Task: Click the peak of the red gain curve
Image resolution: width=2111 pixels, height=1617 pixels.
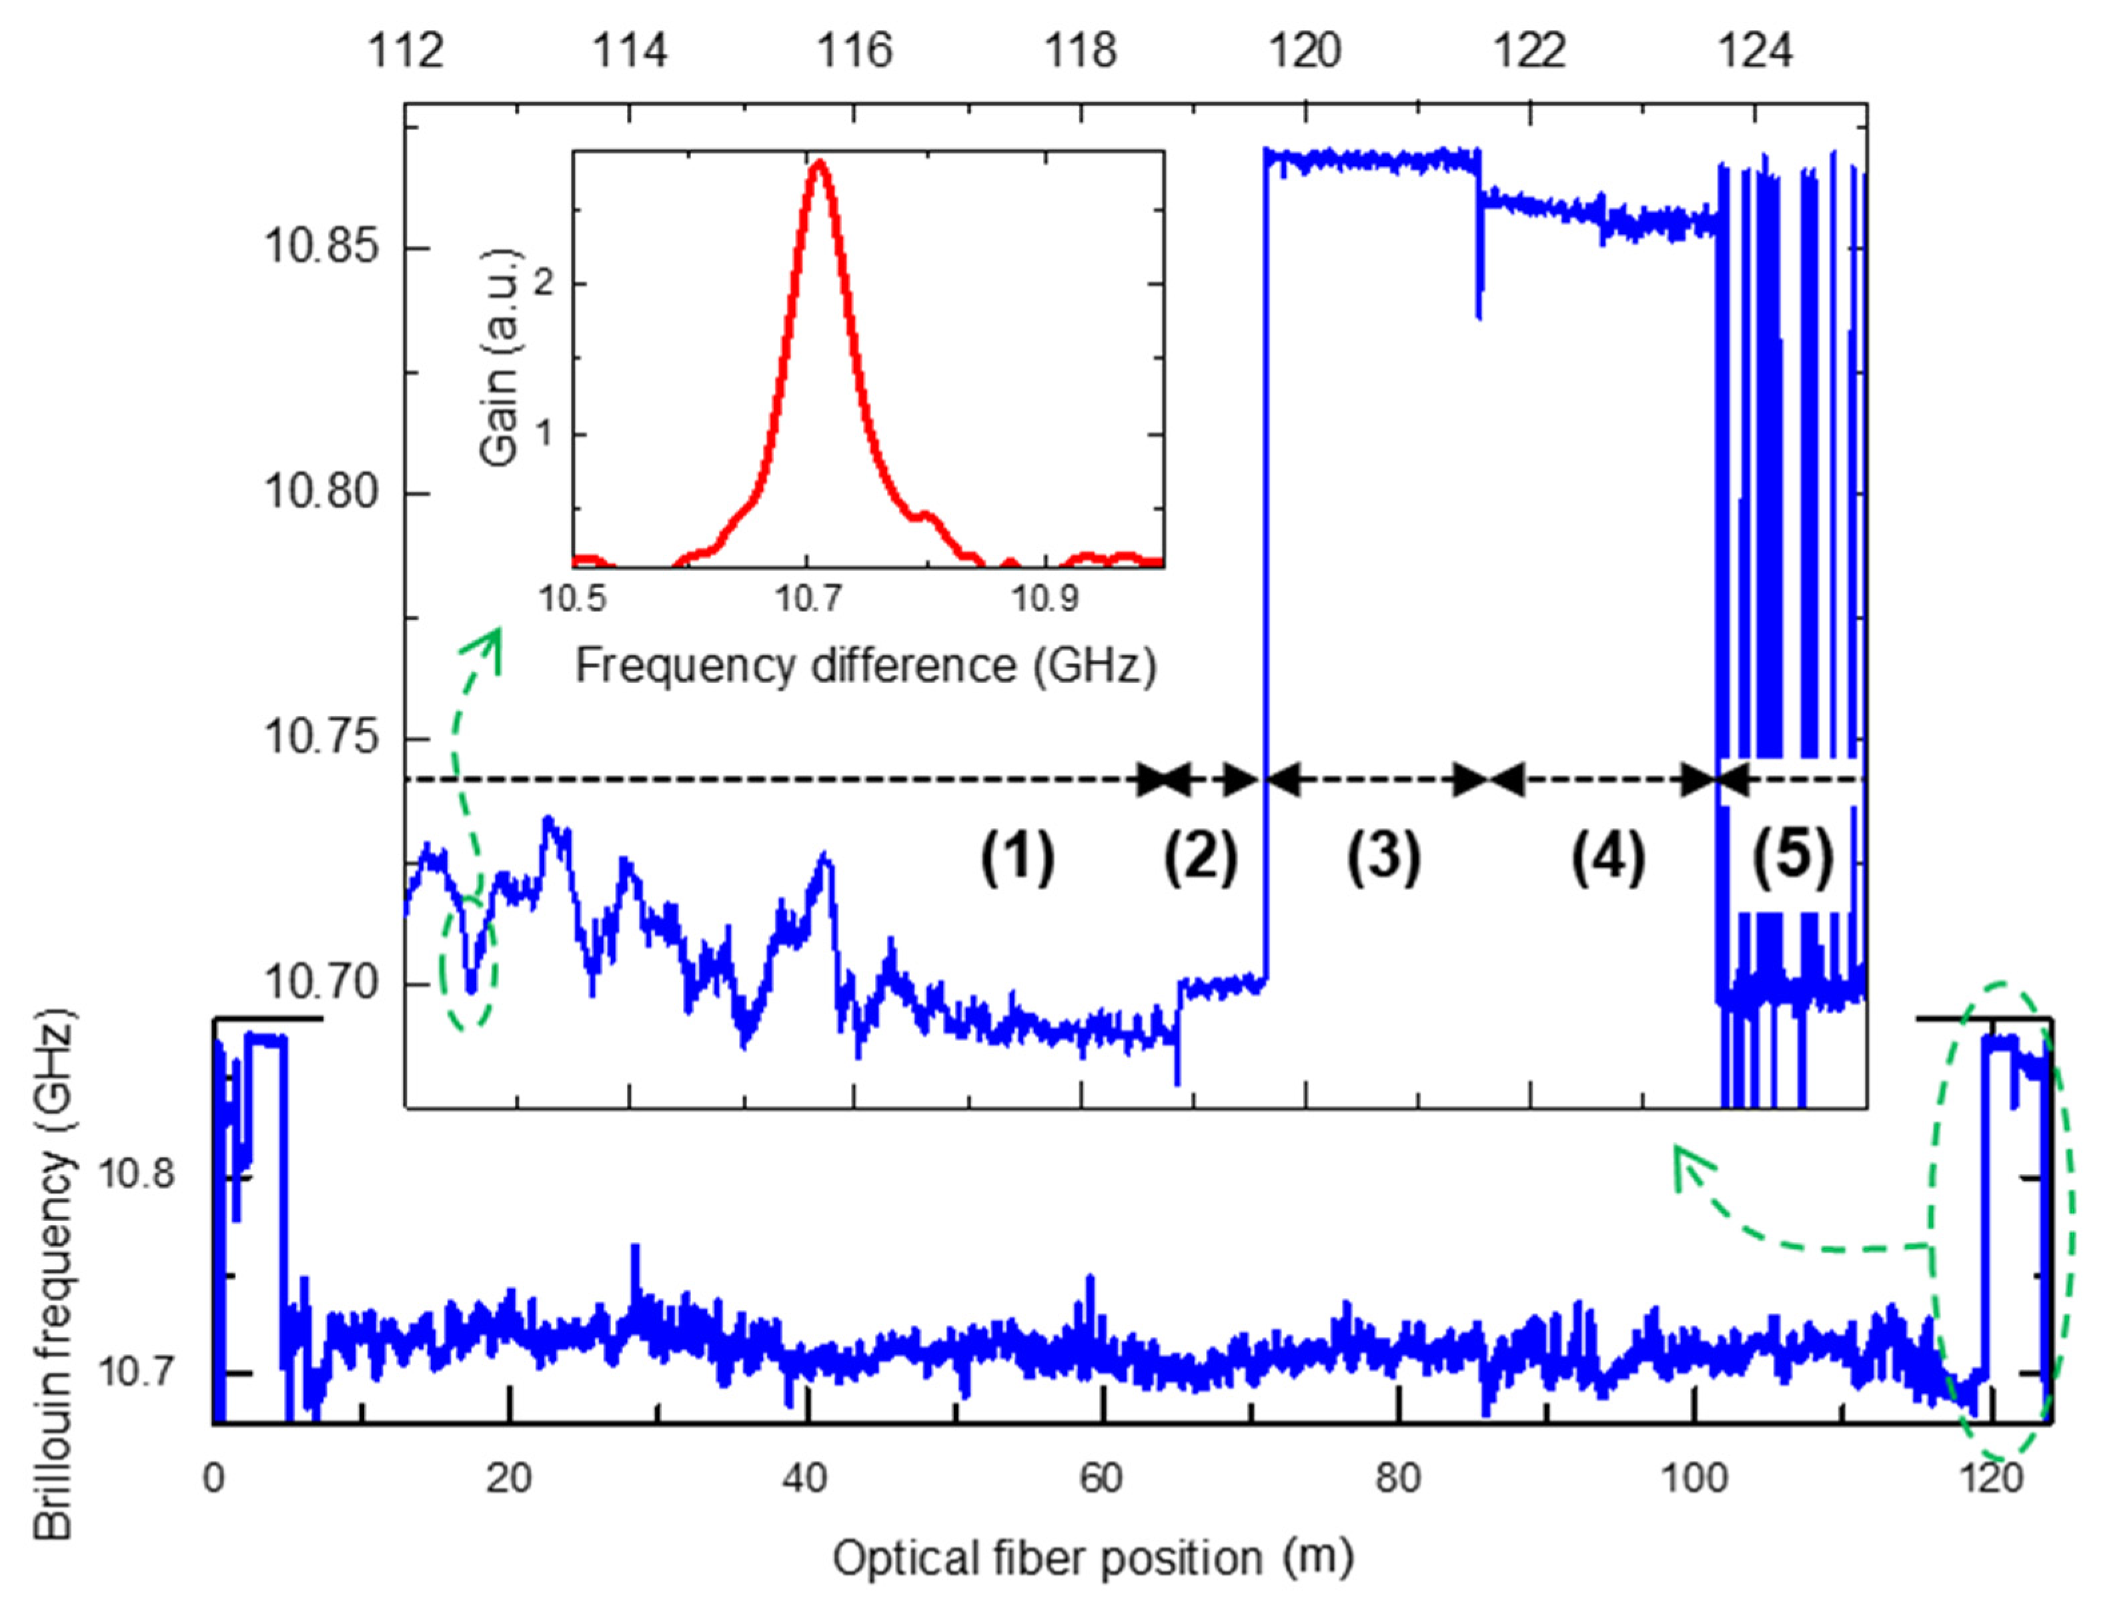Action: pos(818,163)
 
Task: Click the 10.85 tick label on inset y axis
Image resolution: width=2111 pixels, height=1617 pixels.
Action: pos(321,247)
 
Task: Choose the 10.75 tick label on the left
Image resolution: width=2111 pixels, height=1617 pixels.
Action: pos(321,738)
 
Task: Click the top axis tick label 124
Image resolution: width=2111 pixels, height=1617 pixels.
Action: pos(1754,50)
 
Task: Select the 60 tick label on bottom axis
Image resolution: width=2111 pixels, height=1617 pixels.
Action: pos(1101,1478)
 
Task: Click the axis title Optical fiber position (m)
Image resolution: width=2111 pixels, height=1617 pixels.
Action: pos(1092,1558)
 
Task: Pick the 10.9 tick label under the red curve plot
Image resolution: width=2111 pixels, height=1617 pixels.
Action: pos(1045,599)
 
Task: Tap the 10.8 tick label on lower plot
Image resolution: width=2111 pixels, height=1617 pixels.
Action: pos(137,1174)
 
